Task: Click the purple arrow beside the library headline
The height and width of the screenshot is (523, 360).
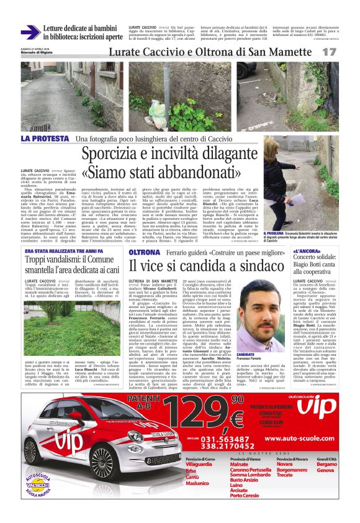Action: [x=31, y=32]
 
